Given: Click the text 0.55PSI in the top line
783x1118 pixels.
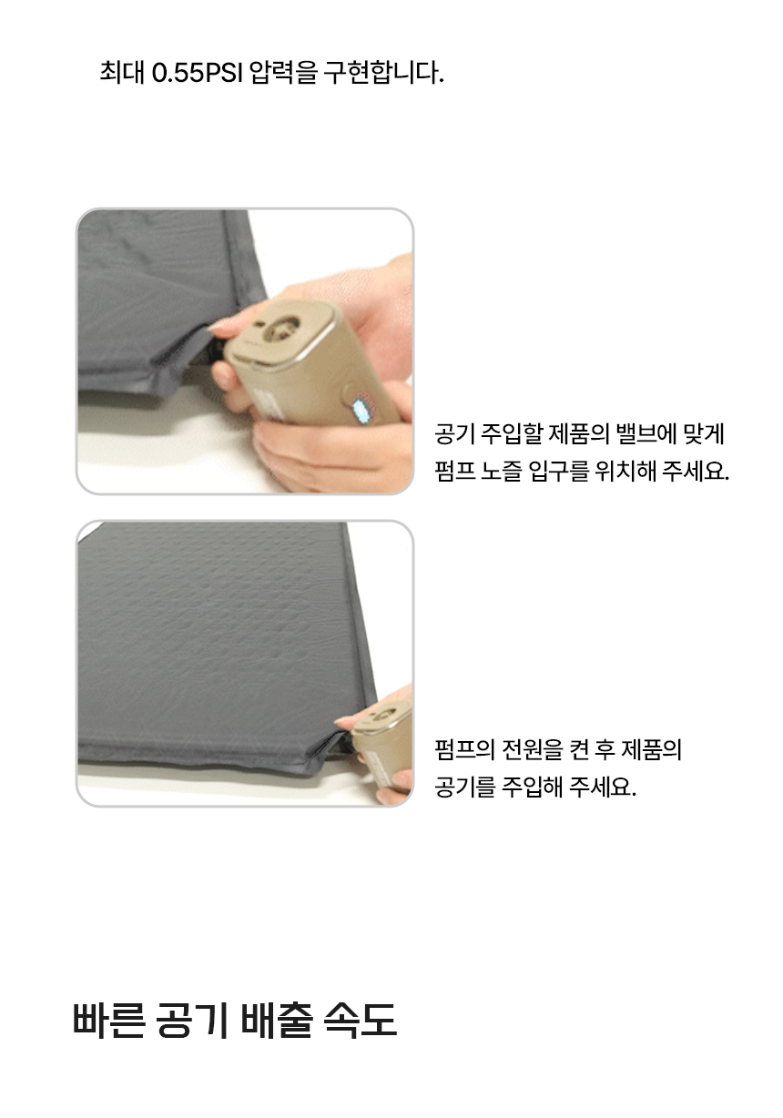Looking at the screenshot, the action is pyautogui.click(x=197, y=72).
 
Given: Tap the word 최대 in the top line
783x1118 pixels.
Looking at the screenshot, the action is pyautogui.click(x=122, y=72).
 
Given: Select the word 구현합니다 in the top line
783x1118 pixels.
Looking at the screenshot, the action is pyautogui.click(x=382, y=72).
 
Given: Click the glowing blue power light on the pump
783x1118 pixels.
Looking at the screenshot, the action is pyautogui.click(x=361, y=410).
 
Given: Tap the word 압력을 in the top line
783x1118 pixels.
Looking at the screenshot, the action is pyautogui.click(x=282, y=72).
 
